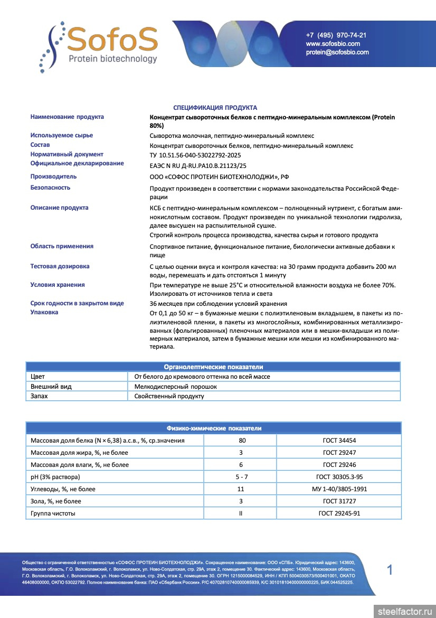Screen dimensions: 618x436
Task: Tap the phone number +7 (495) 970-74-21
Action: [x=336, y=35]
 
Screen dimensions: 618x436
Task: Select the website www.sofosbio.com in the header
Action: [x=333, y=44]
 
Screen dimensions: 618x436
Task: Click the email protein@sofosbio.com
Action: [x=337, y=52]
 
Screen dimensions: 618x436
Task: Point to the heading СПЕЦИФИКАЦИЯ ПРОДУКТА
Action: [x=215, y=107]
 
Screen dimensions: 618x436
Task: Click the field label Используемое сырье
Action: [x=62, y=135]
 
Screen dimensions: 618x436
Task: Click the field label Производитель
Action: [x=53, y=176]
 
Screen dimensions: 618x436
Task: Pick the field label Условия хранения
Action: [x=58, y=285]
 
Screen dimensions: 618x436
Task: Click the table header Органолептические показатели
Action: [x=213, y=367]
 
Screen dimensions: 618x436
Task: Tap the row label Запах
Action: [x=39, y=396]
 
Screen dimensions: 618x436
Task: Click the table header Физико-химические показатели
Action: [x=213, y=428]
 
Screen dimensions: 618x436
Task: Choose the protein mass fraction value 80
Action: [x=241, y=440]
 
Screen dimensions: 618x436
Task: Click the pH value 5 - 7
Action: [x=241, y=477]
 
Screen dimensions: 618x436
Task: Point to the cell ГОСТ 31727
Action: [x=338, y=501]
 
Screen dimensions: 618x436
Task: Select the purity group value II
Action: [x=241, y=513]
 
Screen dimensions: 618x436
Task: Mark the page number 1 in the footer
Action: [x=390, y=570]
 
